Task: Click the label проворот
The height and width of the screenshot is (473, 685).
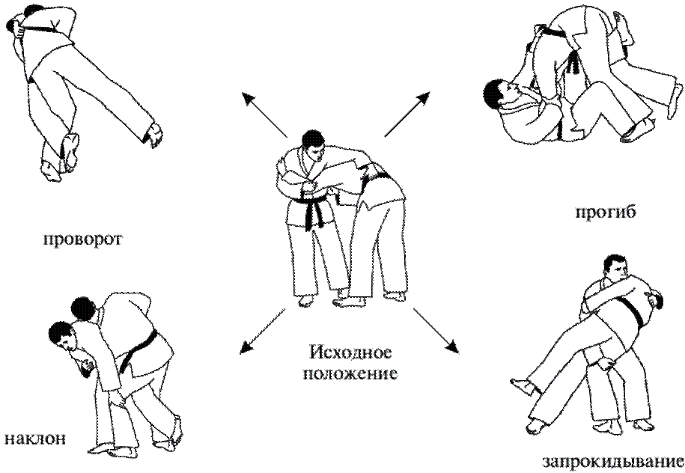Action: point(82,239)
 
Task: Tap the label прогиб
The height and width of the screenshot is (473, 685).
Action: point(606,213)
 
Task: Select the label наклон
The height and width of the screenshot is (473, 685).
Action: point(35,438)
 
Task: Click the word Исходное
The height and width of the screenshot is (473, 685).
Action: point(350,352)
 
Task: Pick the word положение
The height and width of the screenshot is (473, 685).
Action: point(350,373)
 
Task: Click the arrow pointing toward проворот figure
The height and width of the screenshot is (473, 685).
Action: point(265,115)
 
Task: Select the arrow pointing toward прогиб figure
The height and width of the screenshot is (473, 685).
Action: point(407,114)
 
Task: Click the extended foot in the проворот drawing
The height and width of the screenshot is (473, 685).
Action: point(153,134)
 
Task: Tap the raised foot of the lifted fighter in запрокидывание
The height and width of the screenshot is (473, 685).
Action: point(522,385)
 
